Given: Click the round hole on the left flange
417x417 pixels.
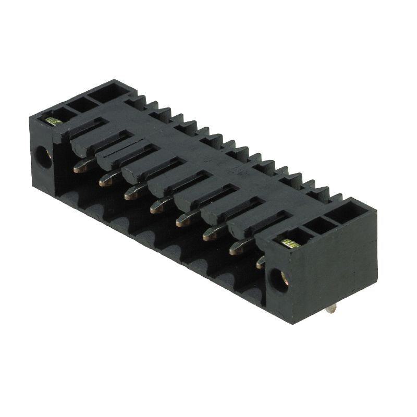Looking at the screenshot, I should (x=43, y=156).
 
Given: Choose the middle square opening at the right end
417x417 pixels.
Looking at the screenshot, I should (x=319, y=225).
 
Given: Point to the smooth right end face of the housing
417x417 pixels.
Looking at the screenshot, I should (x=344, y=266).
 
